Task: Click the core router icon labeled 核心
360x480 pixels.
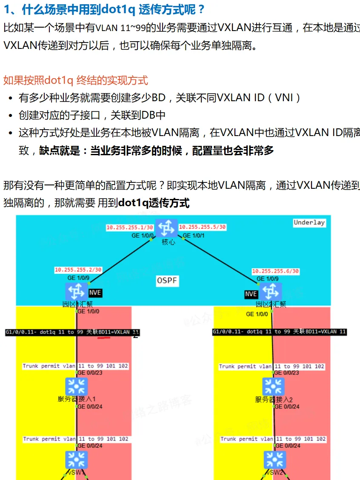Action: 166,228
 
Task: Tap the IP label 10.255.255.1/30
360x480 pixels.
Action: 130,227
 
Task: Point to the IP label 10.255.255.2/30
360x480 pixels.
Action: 78,270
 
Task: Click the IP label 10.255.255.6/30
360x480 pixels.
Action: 275,271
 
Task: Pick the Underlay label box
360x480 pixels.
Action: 309,222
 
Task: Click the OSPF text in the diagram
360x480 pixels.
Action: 167,281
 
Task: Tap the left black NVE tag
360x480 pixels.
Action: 95,293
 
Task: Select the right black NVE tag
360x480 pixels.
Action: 251,294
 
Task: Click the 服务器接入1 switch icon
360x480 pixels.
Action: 77,386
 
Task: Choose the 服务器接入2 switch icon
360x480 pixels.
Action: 273,386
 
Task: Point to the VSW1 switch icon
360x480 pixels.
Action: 77,460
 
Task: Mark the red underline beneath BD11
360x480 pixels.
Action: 104,338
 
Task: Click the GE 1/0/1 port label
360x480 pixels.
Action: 194,236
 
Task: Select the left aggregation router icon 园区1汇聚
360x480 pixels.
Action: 77,291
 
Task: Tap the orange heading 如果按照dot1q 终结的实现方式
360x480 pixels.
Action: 76,80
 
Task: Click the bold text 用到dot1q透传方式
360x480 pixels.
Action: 143,203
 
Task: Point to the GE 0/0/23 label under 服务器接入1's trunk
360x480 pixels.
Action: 88,373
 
